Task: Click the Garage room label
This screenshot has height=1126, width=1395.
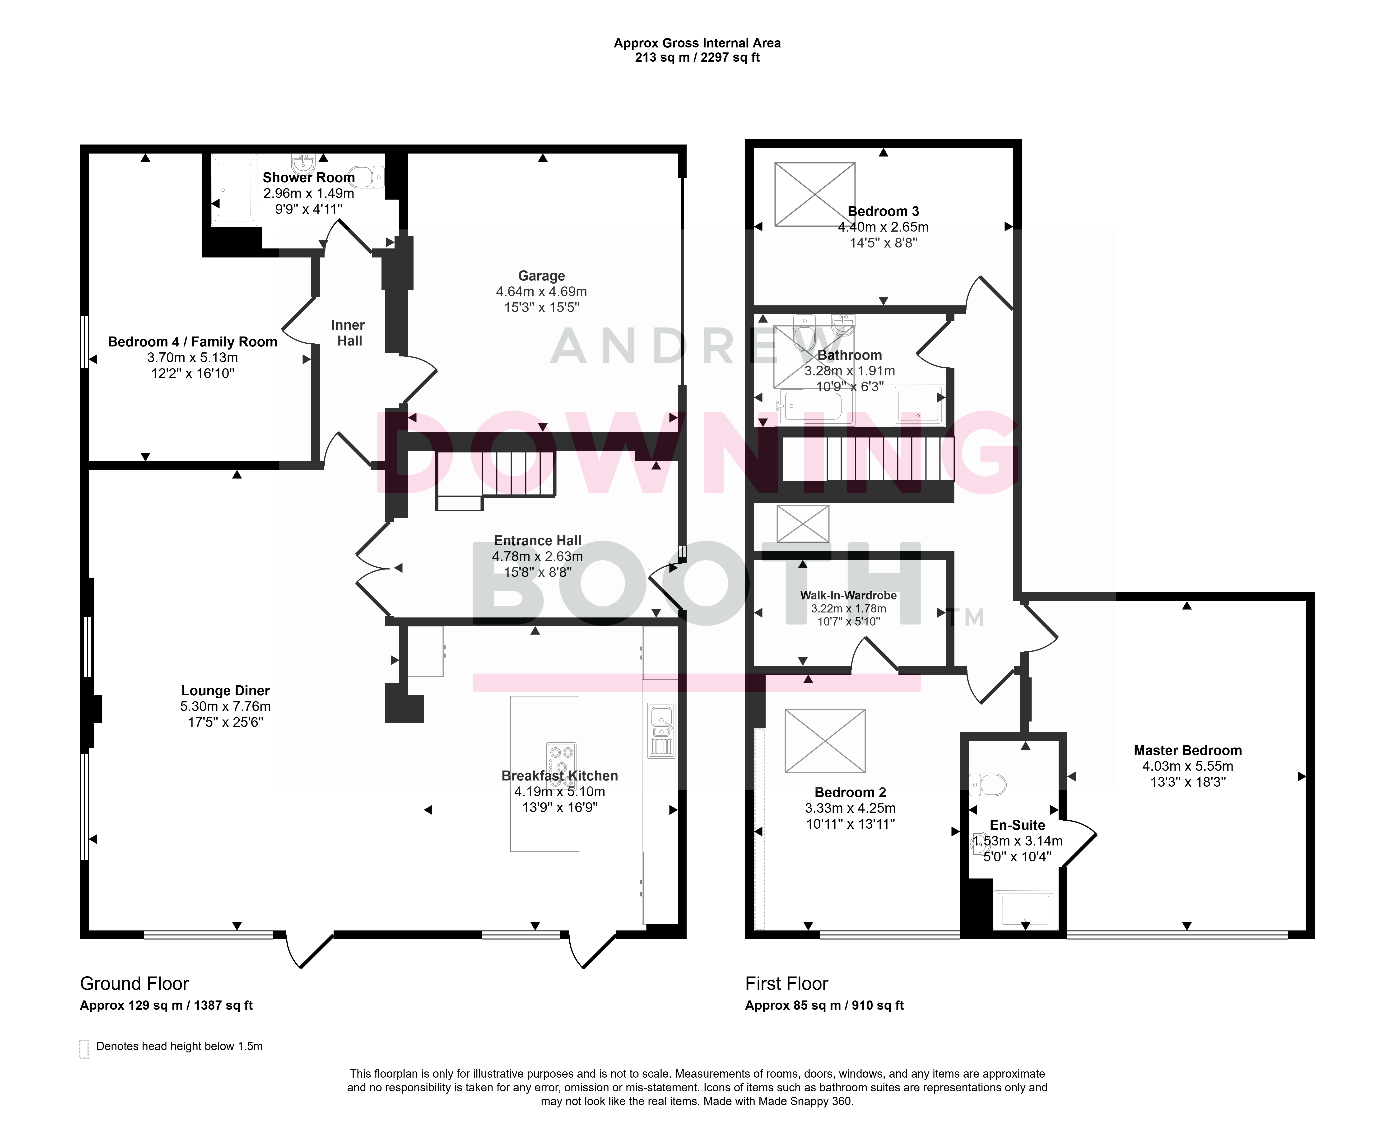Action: [x=542, y=276]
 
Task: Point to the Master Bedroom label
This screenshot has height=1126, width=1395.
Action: [x=1187, y=750]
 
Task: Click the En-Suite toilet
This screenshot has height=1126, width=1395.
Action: [x=987, y=785]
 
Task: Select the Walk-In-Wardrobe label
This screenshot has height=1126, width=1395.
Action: [x=848, y=595]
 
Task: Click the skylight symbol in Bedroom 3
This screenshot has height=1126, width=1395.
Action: [x=815, y=195]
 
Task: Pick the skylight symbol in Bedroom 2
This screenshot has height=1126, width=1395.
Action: [x=825, y=741]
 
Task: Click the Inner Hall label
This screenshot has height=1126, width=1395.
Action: [x=348, y=333]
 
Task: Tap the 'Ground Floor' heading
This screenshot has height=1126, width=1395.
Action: [x=134, y=984]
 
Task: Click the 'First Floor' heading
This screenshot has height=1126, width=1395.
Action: [x=787, y=984]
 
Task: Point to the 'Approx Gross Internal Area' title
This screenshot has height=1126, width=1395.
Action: [x=697, y=43]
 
